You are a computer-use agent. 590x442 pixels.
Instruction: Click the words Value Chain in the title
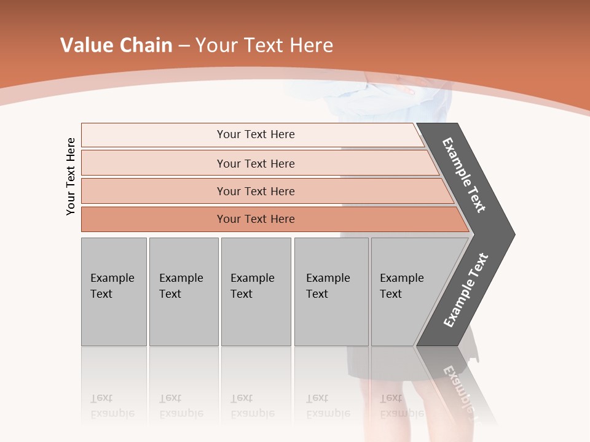[116, 45]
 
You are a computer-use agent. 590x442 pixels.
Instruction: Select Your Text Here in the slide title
[264, 45]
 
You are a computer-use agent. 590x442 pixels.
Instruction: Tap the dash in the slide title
[184, 46]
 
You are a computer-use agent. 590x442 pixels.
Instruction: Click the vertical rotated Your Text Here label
[71, 176]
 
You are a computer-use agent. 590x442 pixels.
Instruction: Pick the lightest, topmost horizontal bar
[255, 134]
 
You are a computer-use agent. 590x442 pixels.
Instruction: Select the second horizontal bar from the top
[255, 163]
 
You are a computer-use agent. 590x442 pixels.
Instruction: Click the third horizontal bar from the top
[255, 191]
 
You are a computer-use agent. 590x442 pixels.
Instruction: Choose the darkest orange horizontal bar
[255, 219]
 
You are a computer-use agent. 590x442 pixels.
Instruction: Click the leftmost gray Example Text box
[114, 292]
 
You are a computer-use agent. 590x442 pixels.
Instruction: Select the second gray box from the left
[183, 292]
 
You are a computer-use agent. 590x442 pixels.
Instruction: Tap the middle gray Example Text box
[256, 292]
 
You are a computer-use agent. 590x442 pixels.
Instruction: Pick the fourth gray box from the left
[331, 292]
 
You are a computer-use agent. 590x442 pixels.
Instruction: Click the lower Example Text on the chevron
[466, 290]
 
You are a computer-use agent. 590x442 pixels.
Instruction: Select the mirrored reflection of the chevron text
[461, 384]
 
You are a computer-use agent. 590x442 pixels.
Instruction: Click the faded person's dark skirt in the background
[375, 362]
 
